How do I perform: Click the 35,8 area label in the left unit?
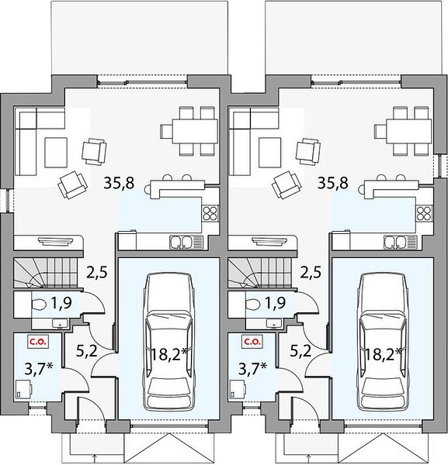coord(119,183)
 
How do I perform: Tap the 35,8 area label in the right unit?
coord(333,183)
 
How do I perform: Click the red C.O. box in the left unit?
coord(38,342)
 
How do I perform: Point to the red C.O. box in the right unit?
coord(252,342)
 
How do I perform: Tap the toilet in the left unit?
coord(39,304)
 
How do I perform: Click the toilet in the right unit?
coord(253,304)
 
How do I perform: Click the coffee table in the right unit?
coord(269,153)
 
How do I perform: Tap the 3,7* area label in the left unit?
coord(39,370)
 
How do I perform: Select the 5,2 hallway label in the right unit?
coord(300,351)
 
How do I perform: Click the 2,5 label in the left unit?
coord(96,272)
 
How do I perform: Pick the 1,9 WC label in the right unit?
coord(275,303)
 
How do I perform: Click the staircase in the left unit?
coord(46,273)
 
